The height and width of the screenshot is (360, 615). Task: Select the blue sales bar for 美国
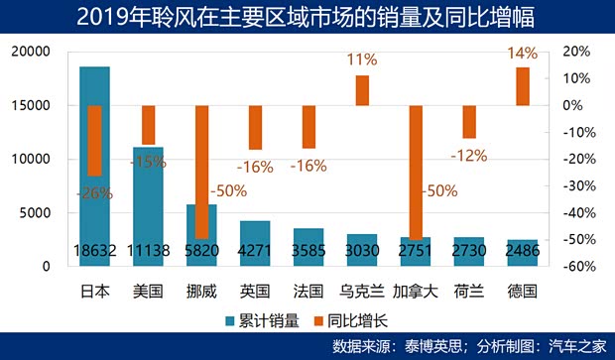click(x=148, y=203)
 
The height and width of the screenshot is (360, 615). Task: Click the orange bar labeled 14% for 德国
click(x=522, y=86)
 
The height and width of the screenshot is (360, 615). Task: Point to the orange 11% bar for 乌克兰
click(x=362, y=90)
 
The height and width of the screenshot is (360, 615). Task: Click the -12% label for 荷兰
click(x=468, y=155)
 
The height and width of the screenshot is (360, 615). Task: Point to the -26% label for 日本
click(x=94, y=193)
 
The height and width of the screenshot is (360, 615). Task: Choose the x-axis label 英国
click(x=255, y=292)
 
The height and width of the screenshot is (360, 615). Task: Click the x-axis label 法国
click(x=308, y=292)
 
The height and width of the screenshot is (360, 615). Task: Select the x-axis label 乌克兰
click(x=362, y=292)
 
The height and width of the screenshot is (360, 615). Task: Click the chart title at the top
click(x=307, y=15)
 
